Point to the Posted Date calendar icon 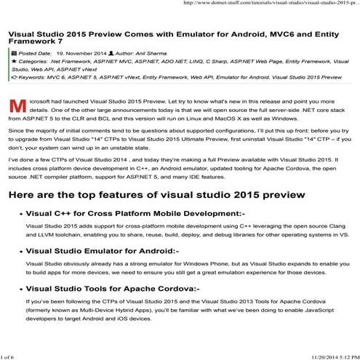pyautogui.click(x=14, y=55)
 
